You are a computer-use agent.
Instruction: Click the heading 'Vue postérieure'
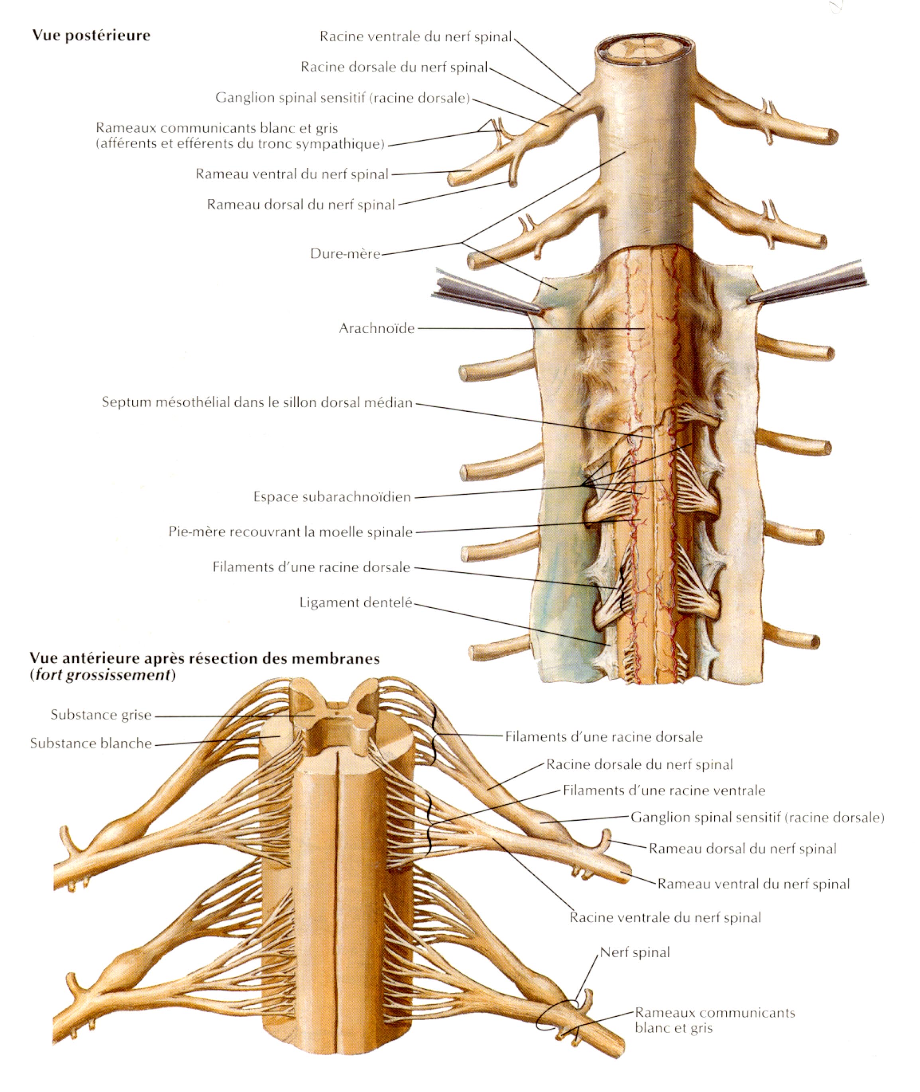point(91,35)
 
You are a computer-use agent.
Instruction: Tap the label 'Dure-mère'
point(345,253)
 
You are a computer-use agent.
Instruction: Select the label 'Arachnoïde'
point(377,328)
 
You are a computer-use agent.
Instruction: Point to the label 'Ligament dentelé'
point(356,603)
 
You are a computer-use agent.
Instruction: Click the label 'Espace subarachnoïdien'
point(332,497)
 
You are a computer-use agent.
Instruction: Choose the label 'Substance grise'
point(101,715)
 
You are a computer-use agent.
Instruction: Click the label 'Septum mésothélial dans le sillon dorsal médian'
point(257,402)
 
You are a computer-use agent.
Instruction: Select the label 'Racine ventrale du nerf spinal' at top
point(416,37)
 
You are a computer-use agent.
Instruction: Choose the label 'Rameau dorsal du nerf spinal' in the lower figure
point(742,848)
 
